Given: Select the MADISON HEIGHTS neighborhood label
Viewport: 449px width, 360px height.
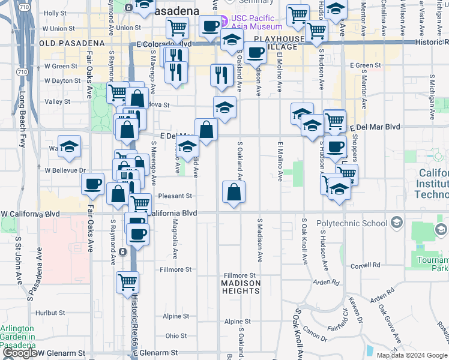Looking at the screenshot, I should (x=240, y=287).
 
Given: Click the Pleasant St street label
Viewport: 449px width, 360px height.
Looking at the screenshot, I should (x=175, y=196).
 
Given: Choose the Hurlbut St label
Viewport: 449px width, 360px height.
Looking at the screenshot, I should (x=50, y=313).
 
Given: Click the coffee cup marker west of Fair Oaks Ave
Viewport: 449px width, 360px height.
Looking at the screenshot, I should (x=92, y=184).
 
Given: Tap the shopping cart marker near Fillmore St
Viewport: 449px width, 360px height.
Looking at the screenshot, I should (x=128, y=281).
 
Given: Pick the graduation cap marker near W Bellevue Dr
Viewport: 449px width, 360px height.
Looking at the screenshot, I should (x=69, y=146).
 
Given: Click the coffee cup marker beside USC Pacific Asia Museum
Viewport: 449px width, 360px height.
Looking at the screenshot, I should (x=210, y=26).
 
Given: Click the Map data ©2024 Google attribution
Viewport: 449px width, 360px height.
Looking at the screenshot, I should (x=411, y=355).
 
